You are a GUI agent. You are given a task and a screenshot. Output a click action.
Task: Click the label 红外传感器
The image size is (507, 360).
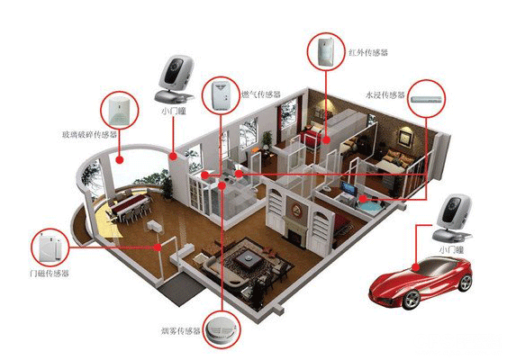pos(367,52)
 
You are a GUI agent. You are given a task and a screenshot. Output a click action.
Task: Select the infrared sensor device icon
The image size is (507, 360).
pos(324,52)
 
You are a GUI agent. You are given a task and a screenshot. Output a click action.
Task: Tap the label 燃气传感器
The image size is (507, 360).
pos(260,94)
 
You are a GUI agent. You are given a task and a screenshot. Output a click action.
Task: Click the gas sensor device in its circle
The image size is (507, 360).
pos(221,96)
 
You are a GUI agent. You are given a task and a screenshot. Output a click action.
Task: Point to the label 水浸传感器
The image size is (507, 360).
pos(385,94)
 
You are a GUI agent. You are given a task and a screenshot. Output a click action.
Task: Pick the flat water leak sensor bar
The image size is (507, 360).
pos(426,99)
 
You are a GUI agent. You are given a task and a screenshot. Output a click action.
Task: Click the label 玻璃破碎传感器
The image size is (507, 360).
pos(89,134)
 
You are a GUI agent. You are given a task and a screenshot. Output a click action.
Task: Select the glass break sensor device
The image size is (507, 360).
pos(119,111)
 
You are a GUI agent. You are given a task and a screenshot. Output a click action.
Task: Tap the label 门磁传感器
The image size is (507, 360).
pos(49,274)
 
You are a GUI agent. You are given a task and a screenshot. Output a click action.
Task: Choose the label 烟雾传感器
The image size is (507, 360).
pos(181,331)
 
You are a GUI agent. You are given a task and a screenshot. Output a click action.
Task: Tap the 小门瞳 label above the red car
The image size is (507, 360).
pos(451,249)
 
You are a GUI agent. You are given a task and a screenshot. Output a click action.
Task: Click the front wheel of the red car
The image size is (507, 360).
pos(412,300)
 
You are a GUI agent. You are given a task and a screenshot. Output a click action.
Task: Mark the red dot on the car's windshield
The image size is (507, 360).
pos(416,267)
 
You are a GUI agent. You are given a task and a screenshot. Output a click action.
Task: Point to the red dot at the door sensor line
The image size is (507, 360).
pos(158,247)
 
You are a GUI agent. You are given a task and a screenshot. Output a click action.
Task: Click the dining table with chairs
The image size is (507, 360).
pos(130,207)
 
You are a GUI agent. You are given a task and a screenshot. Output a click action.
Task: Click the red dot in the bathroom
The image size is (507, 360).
pos(363,199)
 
